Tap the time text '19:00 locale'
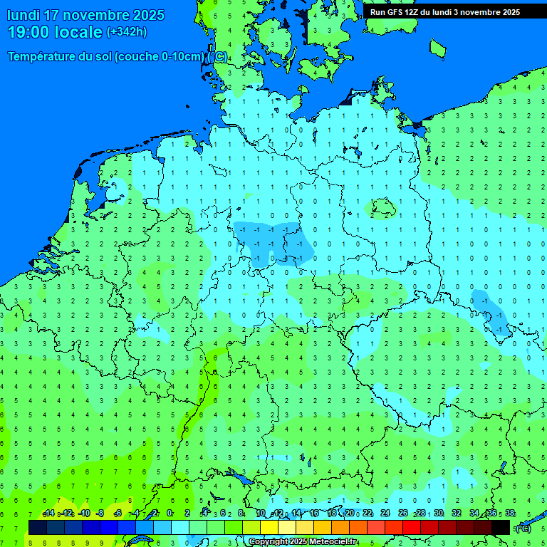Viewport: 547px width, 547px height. click(55, 32)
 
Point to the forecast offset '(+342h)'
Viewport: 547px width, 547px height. click(126, 32)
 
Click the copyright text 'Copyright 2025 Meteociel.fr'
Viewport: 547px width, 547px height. click(303, 542)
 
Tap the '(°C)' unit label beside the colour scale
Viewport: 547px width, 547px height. click(523, 528)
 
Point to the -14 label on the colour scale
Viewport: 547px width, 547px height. click(48, 514)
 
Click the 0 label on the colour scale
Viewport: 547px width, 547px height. click(170, 514)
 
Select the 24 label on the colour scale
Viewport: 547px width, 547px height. click(385, 514)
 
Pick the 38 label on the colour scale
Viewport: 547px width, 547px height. click(509, 514)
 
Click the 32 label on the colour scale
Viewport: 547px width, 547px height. click(456, 514)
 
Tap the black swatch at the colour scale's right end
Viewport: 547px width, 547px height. click(501, 527)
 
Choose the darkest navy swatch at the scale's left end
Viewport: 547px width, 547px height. click(38, 527)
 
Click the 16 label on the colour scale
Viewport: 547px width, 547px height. click(313, 514)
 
